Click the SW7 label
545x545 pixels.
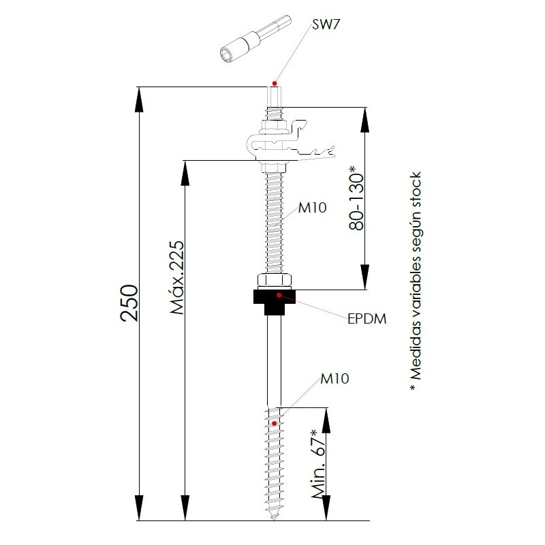tap(326, 25)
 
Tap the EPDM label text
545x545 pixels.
tap(367, 319)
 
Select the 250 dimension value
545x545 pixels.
tap(129, 302)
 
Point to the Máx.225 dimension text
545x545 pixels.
tap(177, 277)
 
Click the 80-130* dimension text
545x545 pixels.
tap(356, 198)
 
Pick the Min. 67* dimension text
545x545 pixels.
tap(319, 464)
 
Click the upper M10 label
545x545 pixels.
tap(313, 208)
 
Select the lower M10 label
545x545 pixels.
tap(334, 379)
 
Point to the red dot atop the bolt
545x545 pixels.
tap(275, 83)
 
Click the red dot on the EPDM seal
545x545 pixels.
tap(279, 295)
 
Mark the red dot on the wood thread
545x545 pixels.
tap(275, 423)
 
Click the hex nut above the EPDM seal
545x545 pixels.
tap(275, 280)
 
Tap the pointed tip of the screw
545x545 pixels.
tap(275, 519)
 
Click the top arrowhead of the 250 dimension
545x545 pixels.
tap(139, 99)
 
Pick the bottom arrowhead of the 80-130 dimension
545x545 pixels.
tap(365, 277)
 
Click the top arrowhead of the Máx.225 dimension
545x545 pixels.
tap(185, 173)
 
